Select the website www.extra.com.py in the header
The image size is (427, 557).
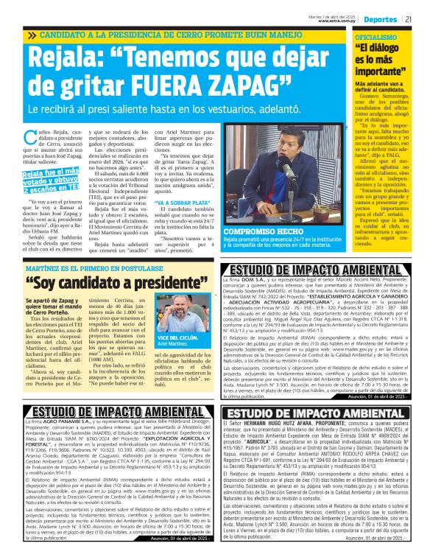coord(338,21)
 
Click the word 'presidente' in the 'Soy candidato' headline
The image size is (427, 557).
coord(153,262)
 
